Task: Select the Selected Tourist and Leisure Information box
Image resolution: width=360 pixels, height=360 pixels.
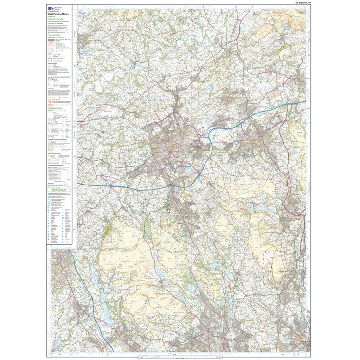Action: click(x=59, y=189)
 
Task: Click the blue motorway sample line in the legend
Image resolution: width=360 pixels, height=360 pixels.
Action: click(x=53, y=40)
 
